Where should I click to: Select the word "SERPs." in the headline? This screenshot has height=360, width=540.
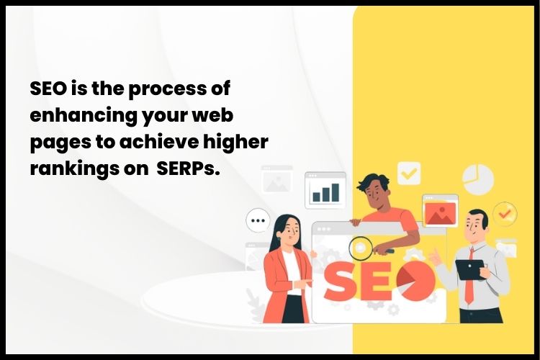point(188,168)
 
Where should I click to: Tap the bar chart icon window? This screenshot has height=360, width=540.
point(325,189)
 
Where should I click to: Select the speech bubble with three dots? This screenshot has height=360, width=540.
point(257,220)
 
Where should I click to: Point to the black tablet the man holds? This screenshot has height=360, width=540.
point(469,269)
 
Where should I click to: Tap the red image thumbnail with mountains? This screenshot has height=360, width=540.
point(439,212)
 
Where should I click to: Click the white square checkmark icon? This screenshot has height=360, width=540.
point(409,173)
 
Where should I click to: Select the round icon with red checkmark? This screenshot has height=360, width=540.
point(505,212)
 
